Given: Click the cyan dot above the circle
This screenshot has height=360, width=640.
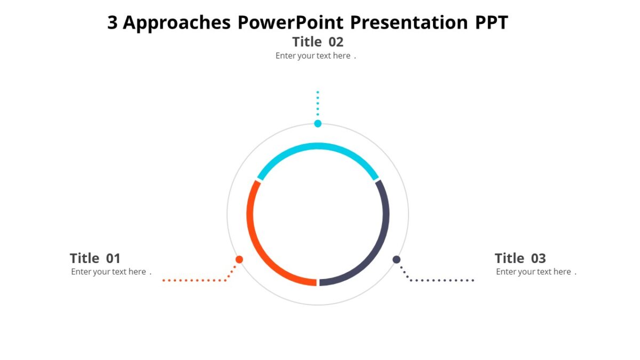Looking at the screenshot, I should coord(318,124).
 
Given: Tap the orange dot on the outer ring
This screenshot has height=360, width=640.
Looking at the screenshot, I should coord(239,260).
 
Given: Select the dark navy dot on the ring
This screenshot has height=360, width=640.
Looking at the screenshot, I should coord(396,260).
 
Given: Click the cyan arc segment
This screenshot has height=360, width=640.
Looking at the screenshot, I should coord(318,146).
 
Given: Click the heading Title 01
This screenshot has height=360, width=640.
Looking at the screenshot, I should coord(95,259).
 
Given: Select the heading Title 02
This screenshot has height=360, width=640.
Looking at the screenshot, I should coord(318,42).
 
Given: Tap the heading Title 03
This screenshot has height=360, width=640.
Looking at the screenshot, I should coord(520,259).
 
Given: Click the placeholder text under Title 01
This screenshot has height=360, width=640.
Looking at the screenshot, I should coord(111,272).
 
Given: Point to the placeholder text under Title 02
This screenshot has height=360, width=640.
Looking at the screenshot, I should coord(315,56).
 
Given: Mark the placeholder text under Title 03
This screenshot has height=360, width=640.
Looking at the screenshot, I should coord(536,272).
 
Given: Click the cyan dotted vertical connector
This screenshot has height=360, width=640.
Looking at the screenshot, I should coord(318,103).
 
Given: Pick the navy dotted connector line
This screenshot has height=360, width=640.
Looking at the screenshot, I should coord(441,280).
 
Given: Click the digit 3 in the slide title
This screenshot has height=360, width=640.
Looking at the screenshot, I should coord(113,23).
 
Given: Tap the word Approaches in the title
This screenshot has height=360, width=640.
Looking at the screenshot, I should coord(177,23).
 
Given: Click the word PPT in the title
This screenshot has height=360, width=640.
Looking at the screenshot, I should coord(491,23).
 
